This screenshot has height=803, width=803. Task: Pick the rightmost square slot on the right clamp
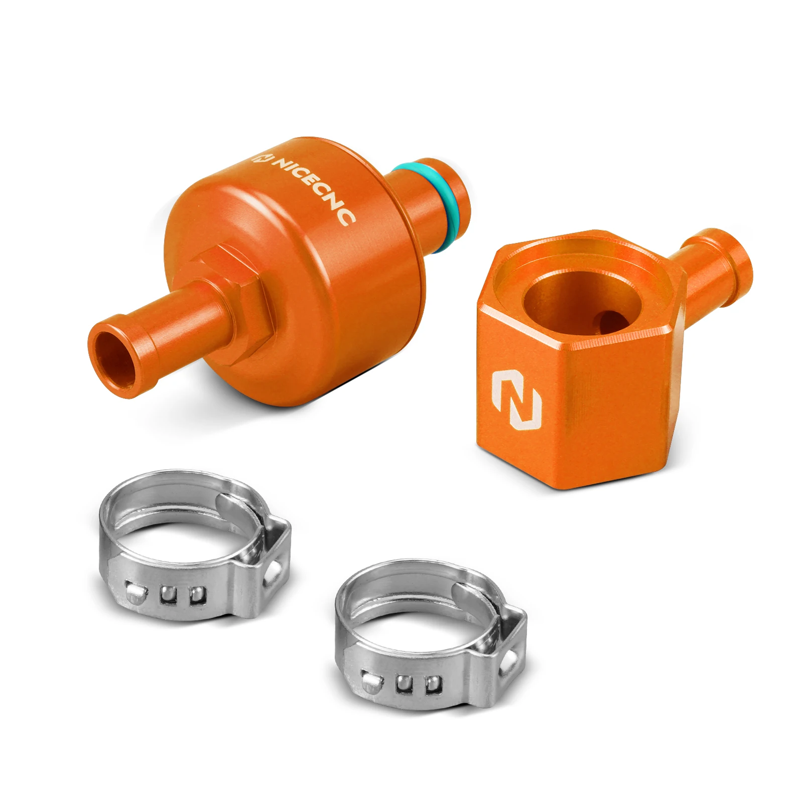433,685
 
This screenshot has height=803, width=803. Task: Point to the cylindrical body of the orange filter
321,281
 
